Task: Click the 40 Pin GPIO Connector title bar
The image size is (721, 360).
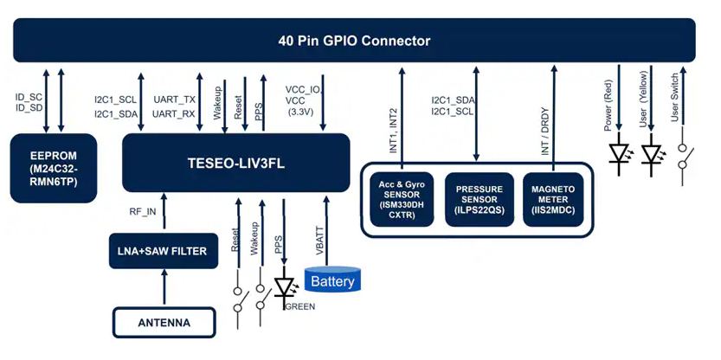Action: click(354, 41)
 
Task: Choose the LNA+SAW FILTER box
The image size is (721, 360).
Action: click(164, 251)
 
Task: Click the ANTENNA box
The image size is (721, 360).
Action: click(164, 324)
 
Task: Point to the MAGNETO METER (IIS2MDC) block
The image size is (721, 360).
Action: click(554, 200)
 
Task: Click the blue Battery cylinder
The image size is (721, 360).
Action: click(332, 280)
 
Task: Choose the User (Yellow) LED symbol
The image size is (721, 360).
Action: click(652, 155)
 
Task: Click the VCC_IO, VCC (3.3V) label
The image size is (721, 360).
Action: click(303, 100)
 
